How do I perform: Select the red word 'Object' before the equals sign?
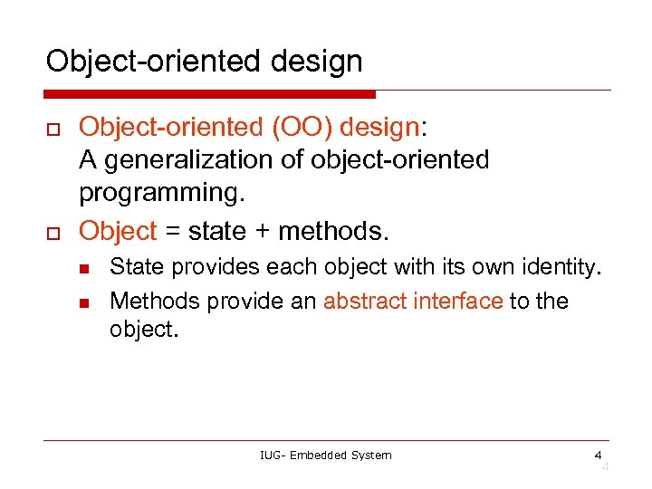coord(118,232)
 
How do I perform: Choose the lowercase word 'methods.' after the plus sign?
coord(333,232)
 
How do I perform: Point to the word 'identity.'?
coord(567,268)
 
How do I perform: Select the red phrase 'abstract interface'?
coord(412,301)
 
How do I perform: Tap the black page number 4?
coord(598,455)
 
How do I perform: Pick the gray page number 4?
coord(605,466)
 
